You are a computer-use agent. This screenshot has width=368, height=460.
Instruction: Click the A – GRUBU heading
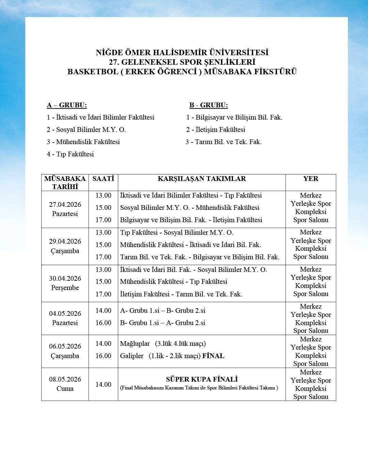pyautogui.click(x=67, y=105)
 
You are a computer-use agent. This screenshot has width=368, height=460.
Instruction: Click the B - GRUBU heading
pyautogui.click(x=209, y=105)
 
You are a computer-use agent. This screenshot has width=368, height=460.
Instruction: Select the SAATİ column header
pyautogui.click(x=103, y=179)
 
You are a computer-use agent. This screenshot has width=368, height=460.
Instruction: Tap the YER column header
pyautogui.click(x=311, y=179)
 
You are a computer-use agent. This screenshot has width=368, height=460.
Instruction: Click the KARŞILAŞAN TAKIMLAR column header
pyautogui.click(x=202, y=179)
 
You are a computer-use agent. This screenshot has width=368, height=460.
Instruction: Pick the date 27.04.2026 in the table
pyautogui.click(x=65, y=204)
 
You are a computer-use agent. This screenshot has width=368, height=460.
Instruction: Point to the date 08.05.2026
pyautogui.click(x=65, y=379)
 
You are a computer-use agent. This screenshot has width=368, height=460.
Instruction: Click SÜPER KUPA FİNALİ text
pyautogui.click(x=202, y=379)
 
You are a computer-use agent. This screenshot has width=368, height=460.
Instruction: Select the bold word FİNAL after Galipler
pyautogui.click(x=213, y=356)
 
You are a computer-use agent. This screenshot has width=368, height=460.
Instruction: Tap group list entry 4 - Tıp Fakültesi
pyautogui.click(x=70, y=154)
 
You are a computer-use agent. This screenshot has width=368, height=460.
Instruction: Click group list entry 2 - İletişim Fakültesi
pyautogui.click(x=216, y=129)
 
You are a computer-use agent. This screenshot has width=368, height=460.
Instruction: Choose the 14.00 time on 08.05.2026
pyautogui.click(x=103, y=384)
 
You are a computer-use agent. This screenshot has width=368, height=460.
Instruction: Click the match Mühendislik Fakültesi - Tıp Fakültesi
pyautogui.click(x=173, y=281)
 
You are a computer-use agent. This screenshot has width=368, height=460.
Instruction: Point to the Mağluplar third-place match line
pyautogui.click(x=163, y=343)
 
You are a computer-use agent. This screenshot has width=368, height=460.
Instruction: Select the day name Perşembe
pyautogui.click(x=65, y=288)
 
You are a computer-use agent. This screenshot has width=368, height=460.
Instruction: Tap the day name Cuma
pyautogui.click(x=65, y=388)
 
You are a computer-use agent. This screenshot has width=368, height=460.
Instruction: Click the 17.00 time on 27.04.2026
pyautogui.click(x=103, y=220)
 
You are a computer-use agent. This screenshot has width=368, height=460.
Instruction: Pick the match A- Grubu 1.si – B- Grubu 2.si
pyautogui.click(x=163, y=310)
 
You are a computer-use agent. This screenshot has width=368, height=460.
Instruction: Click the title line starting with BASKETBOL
pyautogui.click(x=182, y=72)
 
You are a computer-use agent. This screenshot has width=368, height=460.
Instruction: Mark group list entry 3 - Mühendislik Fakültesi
pyautogui.click(x=83, y=142)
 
